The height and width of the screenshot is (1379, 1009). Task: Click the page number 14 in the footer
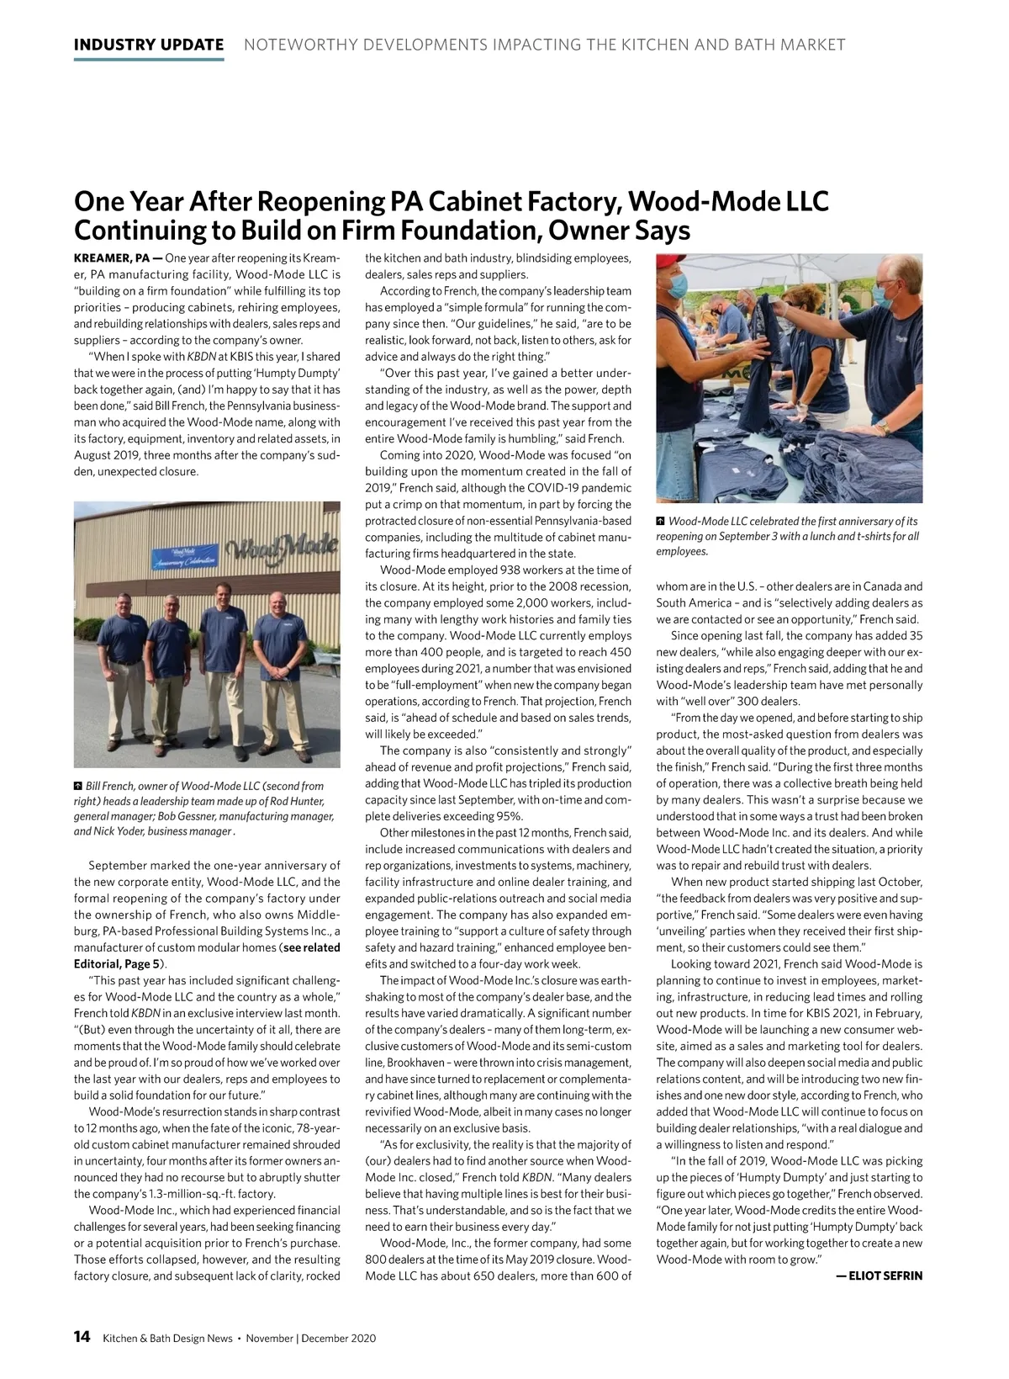(82, 1337)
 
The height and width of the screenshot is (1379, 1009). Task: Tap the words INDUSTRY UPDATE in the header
(149, 45)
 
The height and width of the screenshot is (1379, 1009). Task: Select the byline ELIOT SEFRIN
(879, 1276)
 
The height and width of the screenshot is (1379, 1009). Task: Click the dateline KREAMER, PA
(113, 257)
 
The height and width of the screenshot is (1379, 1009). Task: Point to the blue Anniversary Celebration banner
(182, 557)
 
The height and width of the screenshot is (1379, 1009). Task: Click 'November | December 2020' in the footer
(311, 1339)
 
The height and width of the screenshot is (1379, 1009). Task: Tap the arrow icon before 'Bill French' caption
(79, 786)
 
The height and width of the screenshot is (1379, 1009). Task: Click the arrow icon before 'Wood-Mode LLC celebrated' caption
(661, 522)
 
